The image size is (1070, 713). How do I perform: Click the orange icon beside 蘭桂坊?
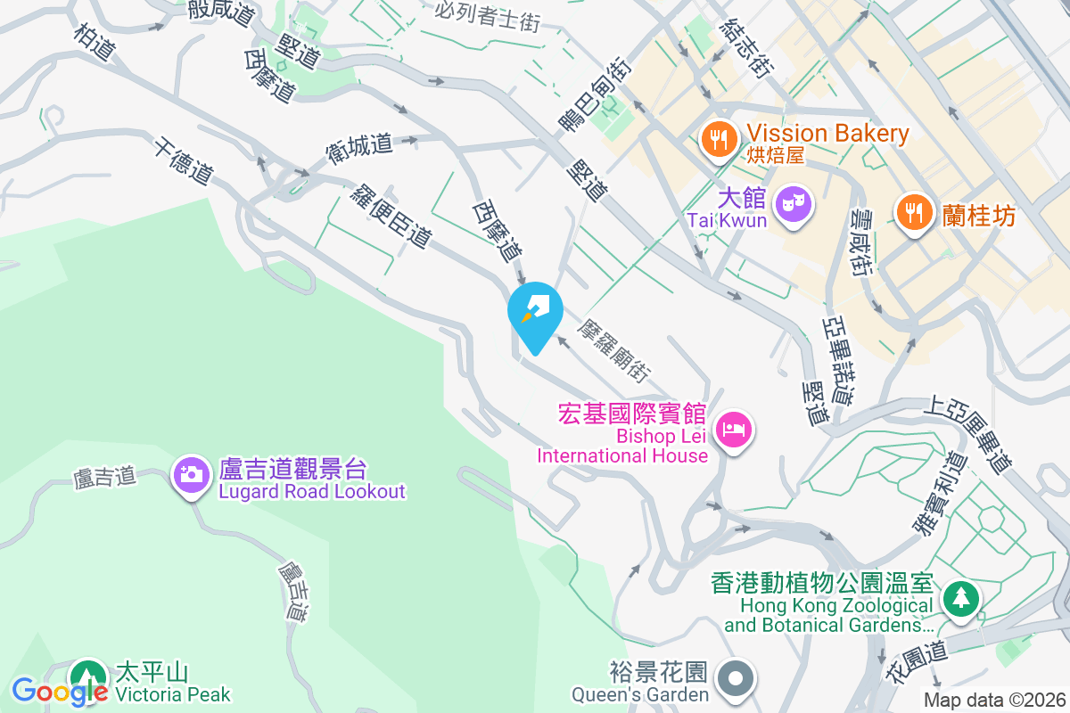[913, 214]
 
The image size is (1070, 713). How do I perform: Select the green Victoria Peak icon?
[87, 676]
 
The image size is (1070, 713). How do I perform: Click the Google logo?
[59, 691]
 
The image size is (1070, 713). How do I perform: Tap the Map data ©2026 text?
[994, 700]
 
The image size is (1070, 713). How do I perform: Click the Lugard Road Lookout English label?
[312, 492]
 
